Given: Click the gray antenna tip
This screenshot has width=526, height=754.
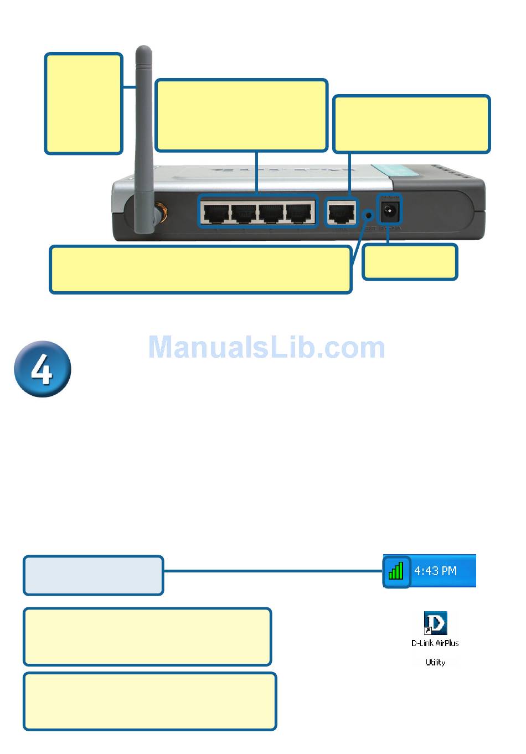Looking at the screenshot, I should pos(144,53).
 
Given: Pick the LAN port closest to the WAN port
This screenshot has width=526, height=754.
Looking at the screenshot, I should pos(299,212).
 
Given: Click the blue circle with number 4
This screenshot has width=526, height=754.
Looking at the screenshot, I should pos(43,369).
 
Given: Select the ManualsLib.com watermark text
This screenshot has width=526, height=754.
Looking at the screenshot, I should pos(266,348).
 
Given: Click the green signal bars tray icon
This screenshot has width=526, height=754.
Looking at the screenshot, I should pos(396,571).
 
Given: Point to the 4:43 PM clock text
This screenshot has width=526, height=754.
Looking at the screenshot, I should pos(436,570).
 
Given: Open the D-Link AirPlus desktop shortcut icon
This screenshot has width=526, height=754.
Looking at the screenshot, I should pos(435,623).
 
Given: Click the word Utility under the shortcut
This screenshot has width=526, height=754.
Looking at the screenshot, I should pos(435,662).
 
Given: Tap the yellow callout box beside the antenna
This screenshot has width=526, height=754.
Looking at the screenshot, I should pos(84,104).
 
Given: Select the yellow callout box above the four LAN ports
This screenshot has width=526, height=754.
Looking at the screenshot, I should pos(241,115).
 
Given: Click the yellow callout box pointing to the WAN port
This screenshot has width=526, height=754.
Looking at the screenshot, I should pos(411,124).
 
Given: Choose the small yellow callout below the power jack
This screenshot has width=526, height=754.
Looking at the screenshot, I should pos(410,262).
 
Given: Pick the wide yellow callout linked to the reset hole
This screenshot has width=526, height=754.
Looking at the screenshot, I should pos(200,270).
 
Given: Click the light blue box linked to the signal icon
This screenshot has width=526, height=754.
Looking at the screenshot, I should pos(94,575).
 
